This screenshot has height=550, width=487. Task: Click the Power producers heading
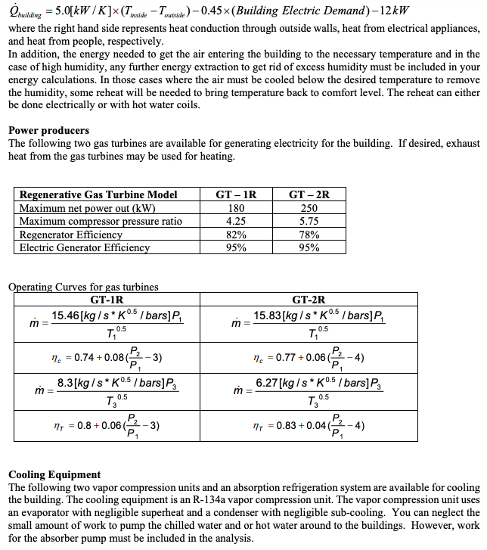(48, 130)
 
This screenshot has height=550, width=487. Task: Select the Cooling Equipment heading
(54, 474)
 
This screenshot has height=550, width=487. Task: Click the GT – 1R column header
(236, 194)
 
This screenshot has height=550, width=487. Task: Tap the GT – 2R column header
(309, 194)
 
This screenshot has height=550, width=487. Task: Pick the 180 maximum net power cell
(236, 208)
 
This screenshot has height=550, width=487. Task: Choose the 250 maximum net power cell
(309, 208)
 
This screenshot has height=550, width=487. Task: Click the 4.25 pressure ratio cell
(236, 222)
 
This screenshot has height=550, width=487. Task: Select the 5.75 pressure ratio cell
(309, 222)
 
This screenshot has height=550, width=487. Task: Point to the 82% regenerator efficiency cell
(236, 235)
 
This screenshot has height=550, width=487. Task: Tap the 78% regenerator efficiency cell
(309, 235)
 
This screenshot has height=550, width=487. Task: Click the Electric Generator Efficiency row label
(84, 247)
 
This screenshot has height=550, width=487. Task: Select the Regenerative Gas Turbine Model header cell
(98, 194)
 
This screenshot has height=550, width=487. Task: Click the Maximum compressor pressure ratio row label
(101, 222)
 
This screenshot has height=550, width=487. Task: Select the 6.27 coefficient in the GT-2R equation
(268, 384)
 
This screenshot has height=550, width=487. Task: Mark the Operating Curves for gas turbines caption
(83, 287)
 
